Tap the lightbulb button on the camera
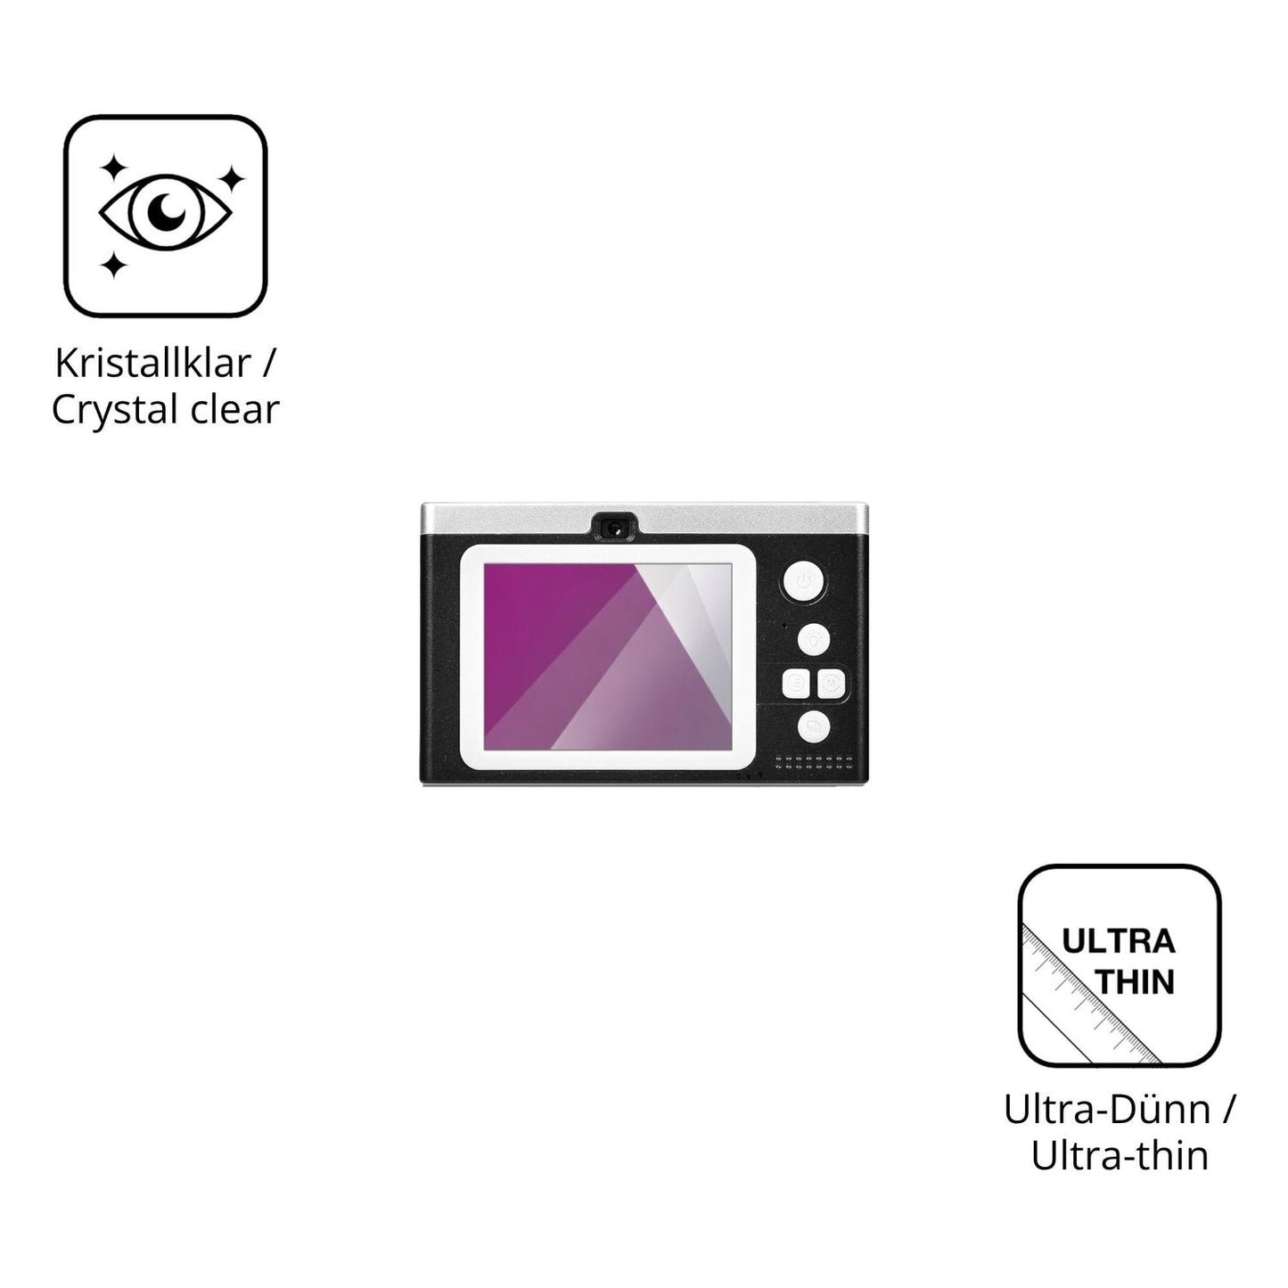point(814,640)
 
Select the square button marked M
point(832,684)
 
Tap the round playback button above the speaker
point(814,726)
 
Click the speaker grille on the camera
point(814,763)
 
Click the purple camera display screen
point(608,656)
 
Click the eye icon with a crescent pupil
point(165,212)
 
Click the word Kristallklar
point(152,363)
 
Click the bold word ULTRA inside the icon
point(1119,942)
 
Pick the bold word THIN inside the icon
point(1137,982)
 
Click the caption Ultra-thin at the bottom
point(1120,1156)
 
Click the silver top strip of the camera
point(645,519)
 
